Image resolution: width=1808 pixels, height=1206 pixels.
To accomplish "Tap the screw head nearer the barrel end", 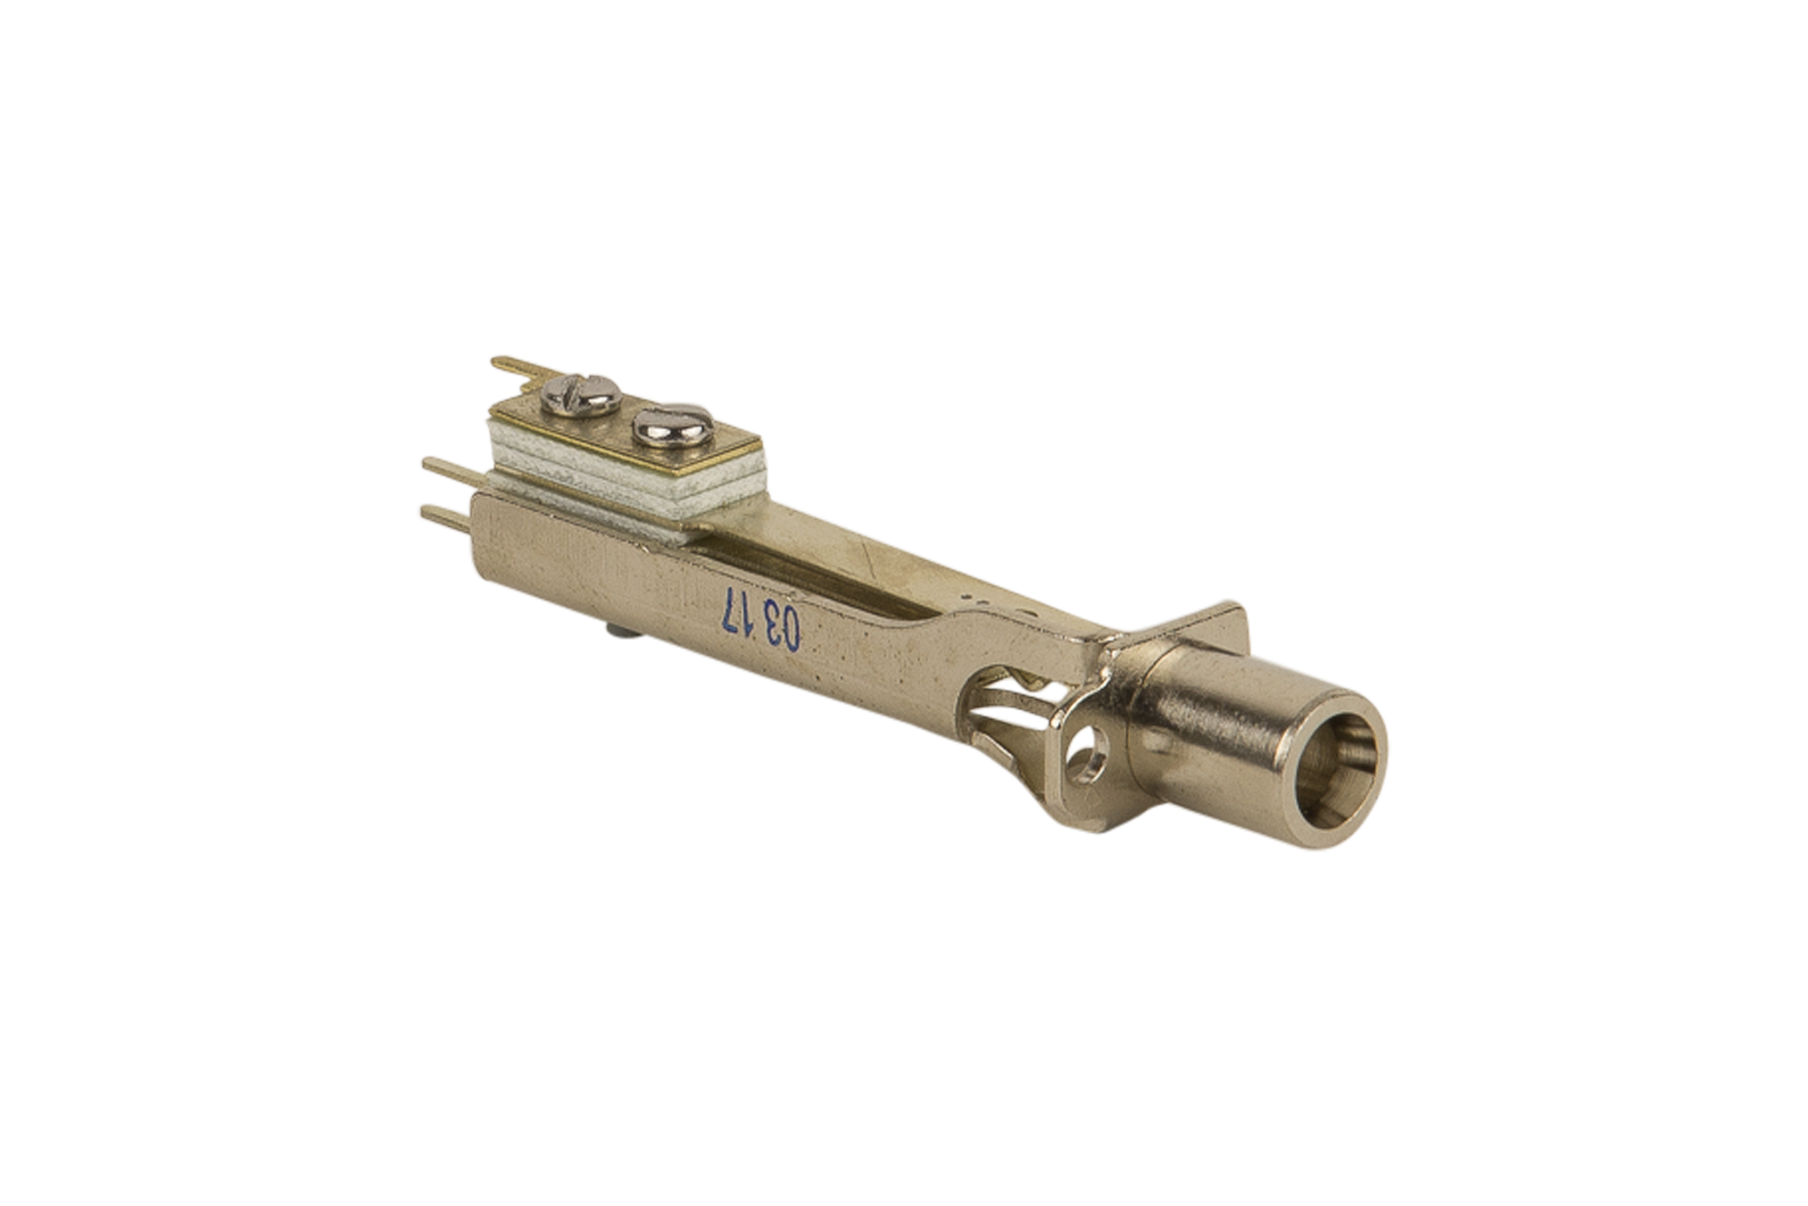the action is tap(673, 425).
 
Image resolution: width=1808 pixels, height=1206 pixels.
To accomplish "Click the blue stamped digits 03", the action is tap(782, 628).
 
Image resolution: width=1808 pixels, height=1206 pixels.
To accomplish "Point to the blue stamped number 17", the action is tap(737, 611).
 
